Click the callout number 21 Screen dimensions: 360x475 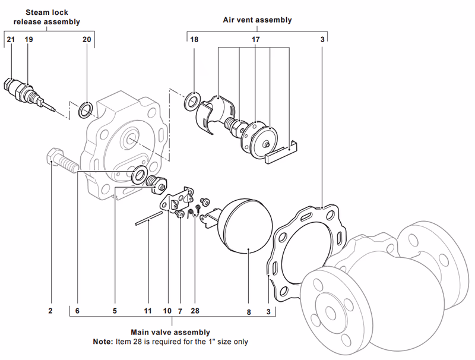point(11,39)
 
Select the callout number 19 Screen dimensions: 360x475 point(28,39)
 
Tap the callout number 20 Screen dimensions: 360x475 point(87,39)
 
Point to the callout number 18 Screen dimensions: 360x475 point(194,39)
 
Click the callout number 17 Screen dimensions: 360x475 point(255,39)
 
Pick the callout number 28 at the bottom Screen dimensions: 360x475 point(195,311)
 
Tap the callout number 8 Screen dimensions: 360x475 point(249,311)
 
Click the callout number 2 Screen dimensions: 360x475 point(50,311)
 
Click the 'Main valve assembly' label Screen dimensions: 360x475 point(170,332)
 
